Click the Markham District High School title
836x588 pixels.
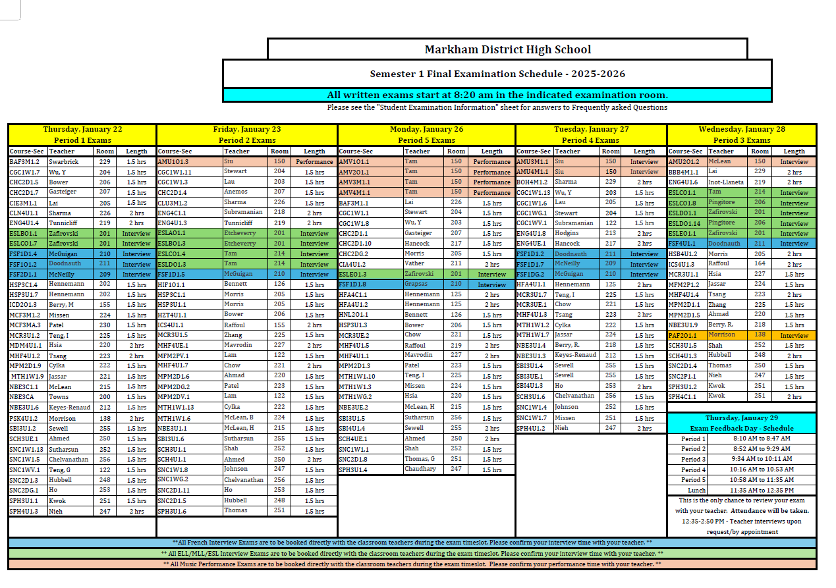point(507,49)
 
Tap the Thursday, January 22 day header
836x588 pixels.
point(82,130)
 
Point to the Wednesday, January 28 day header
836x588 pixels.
point(742,130)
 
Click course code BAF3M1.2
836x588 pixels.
point(24,161)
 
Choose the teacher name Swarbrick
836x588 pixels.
point(63,161)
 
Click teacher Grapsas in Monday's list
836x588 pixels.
point(416,284)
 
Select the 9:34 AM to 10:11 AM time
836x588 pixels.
point(762,459)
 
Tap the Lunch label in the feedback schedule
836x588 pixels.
point(696,490)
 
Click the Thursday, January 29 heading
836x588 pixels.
point(742,418)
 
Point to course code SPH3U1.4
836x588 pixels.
point(353,469)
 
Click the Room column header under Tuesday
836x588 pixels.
point(610,151)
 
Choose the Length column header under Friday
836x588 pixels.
point(314,151)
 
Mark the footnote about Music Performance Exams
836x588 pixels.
point(412,564)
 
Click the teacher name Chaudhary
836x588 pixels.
point(420,469)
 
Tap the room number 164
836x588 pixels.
point(760,263)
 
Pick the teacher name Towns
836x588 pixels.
point(59,397)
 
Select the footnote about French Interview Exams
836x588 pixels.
point(412,543)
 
